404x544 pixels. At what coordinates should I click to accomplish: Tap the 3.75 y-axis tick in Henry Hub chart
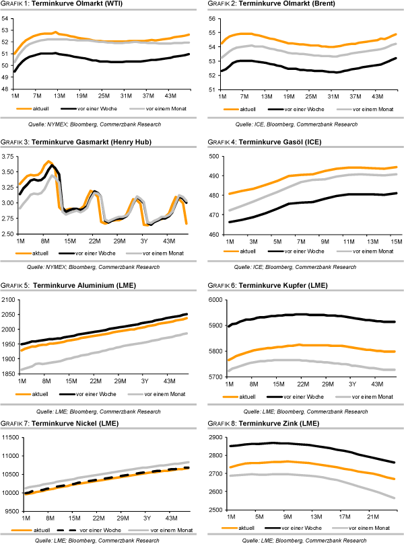tap(8, 157)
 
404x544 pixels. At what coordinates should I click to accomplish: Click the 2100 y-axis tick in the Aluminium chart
tap(10, 299)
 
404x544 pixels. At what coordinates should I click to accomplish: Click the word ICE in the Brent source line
tap(257, 125)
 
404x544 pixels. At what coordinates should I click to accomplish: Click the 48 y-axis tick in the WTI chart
tap(6, 89)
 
